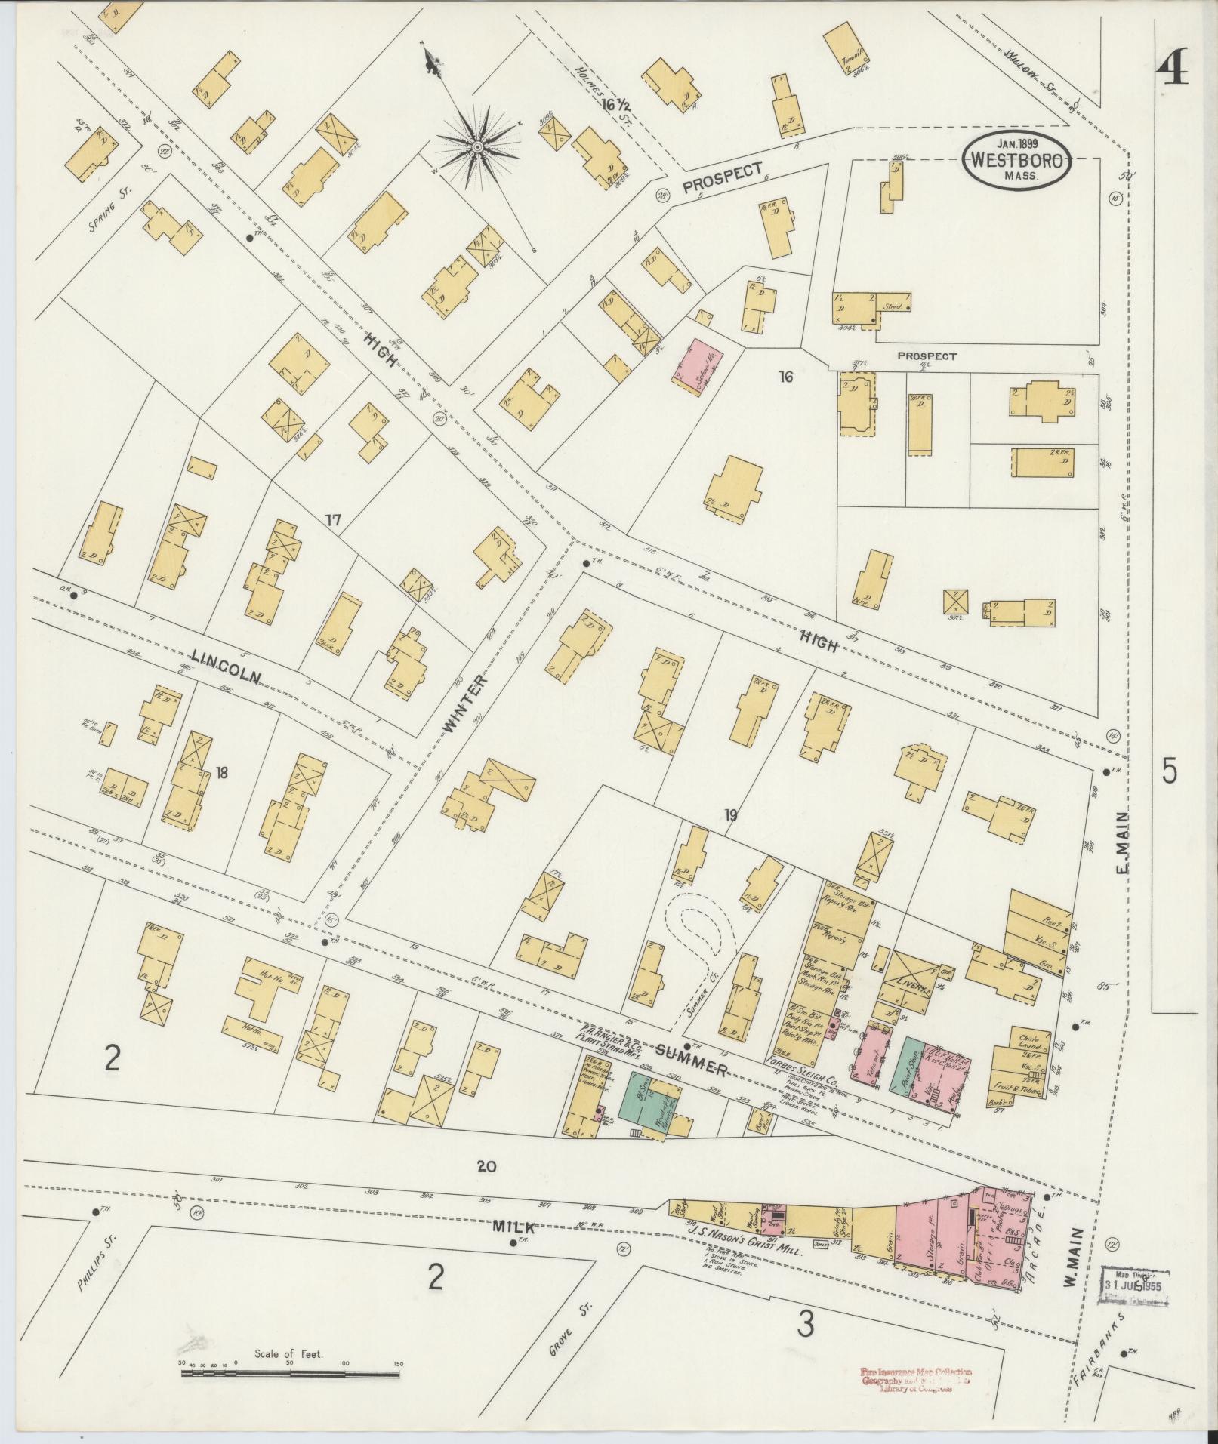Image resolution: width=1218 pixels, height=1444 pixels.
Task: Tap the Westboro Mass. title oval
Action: point(1017,159)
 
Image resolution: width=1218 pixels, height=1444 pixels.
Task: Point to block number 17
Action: point(333,520)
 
